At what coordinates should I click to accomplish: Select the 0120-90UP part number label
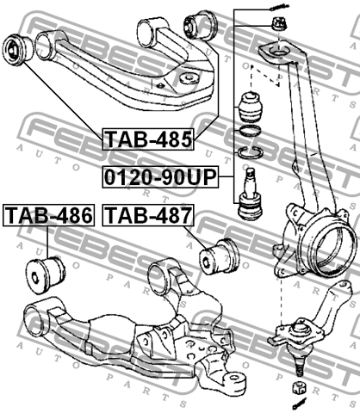(159, 178)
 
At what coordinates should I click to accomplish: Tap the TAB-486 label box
(48, 214)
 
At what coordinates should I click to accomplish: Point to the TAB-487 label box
(147, 214)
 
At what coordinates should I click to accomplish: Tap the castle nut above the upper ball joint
(279, 23)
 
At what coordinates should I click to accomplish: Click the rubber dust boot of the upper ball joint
(250, 106)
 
